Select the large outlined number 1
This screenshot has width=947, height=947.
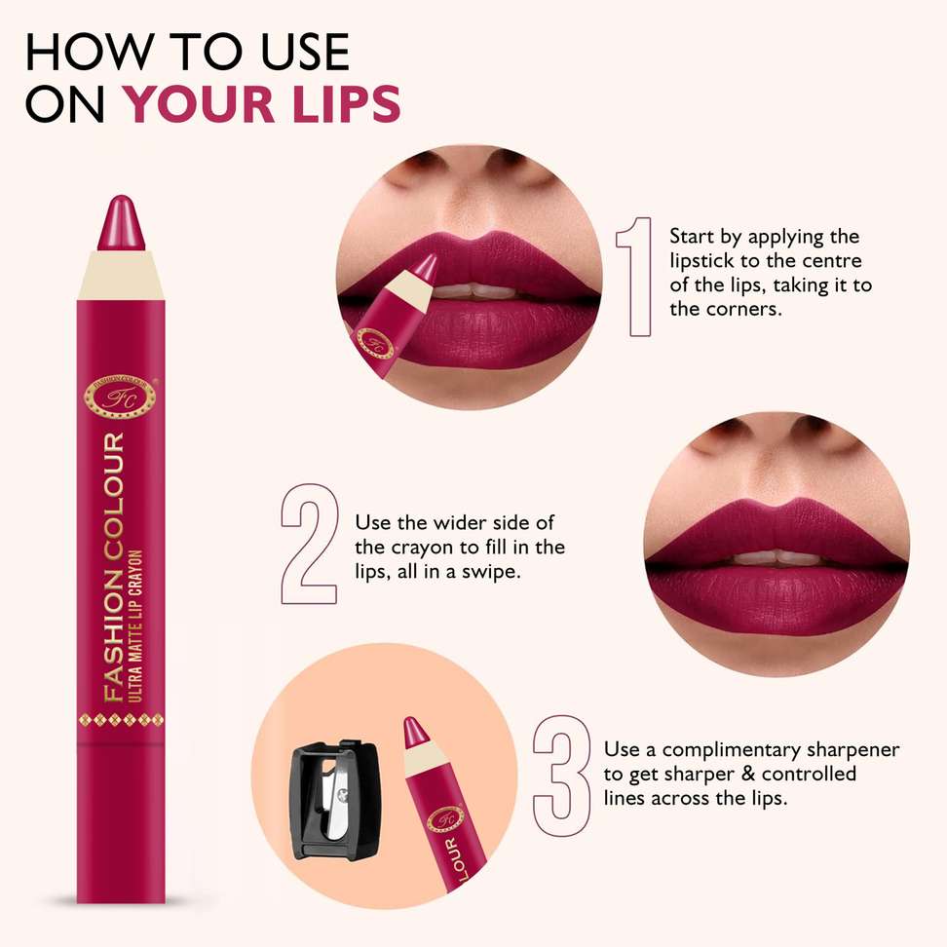click(x=634, y=277)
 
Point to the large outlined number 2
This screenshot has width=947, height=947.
click(x=309, y=544)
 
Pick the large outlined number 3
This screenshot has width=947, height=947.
click(x=561, y=777)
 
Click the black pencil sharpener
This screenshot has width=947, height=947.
click(x=335, y=800)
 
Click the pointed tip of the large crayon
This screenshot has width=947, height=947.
click(x=122, y=197)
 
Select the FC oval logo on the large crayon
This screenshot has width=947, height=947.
click(x=120, y=398)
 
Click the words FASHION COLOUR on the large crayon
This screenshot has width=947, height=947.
click(x=114, y=567)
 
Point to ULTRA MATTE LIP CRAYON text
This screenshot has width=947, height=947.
click(x=135, y=625)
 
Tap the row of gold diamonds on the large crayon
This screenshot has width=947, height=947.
click(x=121, y=719)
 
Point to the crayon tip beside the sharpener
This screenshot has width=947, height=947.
click(x=414, y=730)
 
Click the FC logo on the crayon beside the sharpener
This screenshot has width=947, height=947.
click(x=445, y=819)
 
